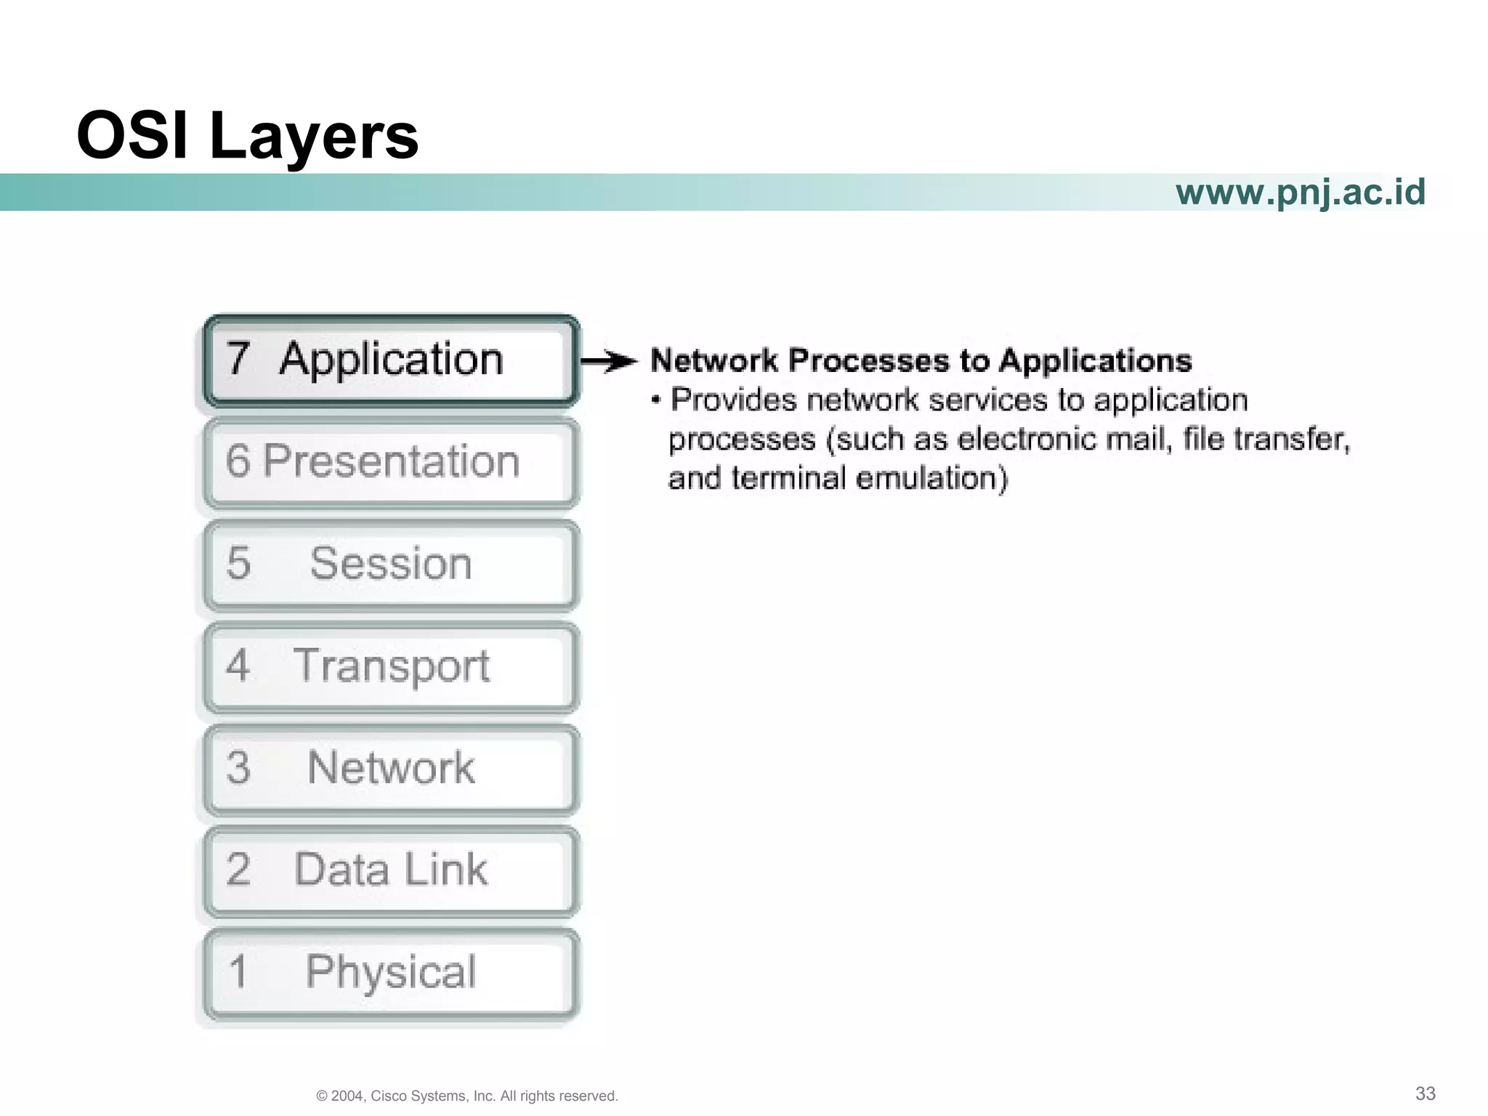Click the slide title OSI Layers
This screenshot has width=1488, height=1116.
pyautogui.click(x=247, y=136)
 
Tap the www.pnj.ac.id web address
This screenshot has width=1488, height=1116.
pyautogui.click(x=1300, y=193)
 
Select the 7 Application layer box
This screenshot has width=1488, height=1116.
pyautogui.click(x=391, y=360)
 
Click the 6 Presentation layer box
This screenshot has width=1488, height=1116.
pyautogui.click(x=391, y=462)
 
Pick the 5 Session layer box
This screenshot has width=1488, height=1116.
pyautogui.click(x=391, y=565)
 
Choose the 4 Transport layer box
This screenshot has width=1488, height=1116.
pyautogui.click(x=391, y=667)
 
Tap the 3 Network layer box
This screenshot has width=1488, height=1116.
pyautogui.click(x=391, y=769)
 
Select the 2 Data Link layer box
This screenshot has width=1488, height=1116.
pyautogui.click(x=391, y=870)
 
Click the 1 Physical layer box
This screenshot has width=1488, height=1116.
pyautogui.click(x=391, y=973)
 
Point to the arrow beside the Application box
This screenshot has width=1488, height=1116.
pyautogui.click(x=609, y=361)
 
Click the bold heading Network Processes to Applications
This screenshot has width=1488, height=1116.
pyautogui.click(x=921, y=361)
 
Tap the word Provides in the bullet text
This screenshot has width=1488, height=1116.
pyautogui.click(x=733, y=400)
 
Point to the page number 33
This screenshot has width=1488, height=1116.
pyautogui.click(x=1425, y=1093)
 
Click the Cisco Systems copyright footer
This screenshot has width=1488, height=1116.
pyautogui.click(x=467, y=1096)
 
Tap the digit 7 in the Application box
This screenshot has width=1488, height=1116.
pyautogui.click(x=238, y=359)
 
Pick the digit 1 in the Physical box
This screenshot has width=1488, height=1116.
pyautogui.click(x=238, y=972)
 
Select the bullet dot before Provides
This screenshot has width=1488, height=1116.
pyautogui.click(x=656, y=400)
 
